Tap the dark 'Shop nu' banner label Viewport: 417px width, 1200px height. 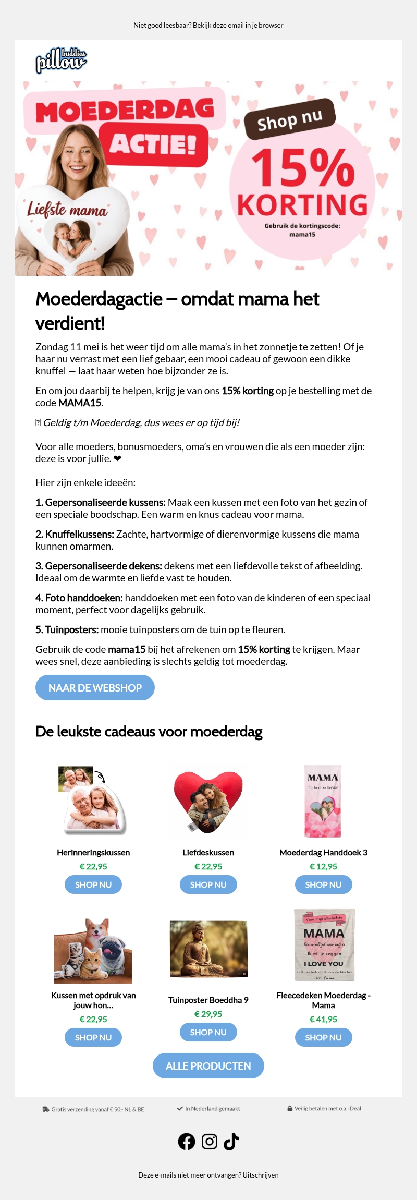point(289,119)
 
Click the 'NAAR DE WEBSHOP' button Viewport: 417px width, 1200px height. point(95,688)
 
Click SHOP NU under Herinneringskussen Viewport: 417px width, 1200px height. point(93,884)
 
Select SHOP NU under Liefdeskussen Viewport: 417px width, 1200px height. point(208,884)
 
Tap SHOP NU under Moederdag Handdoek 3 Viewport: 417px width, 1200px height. point(323,884)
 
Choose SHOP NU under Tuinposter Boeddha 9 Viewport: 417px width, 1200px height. point(208,1032)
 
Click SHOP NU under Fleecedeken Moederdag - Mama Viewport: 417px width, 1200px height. point(323,1037)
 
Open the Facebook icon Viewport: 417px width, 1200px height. point(187,1142)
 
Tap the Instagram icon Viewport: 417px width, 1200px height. point(210,1142)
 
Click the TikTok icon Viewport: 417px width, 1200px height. point(231,1142)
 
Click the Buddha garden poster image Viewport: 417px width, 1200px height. point(208,949)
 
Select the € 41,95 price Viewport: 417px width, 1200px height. point(323,1019)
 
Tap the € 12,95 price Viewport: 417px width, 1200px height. point(323,866)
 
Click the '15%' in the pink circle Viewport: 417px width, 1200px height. point(302,168)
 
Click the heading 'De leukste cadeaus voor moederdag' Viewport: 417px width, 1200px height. point(149,732)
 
